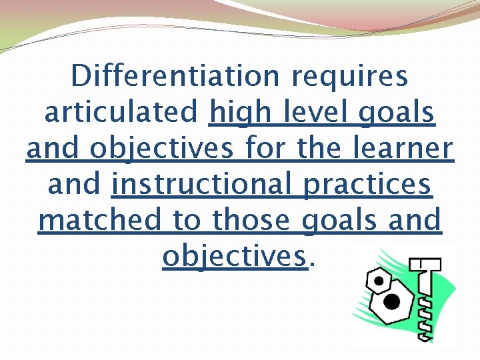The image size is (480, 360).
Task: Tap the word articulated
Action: (121, 113)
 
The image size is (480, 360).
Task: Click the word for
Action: (265, 149)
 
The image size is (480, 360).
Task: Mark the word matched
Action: (101, 221)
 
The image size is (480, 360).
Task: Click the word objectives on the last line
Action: (236, 257)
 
